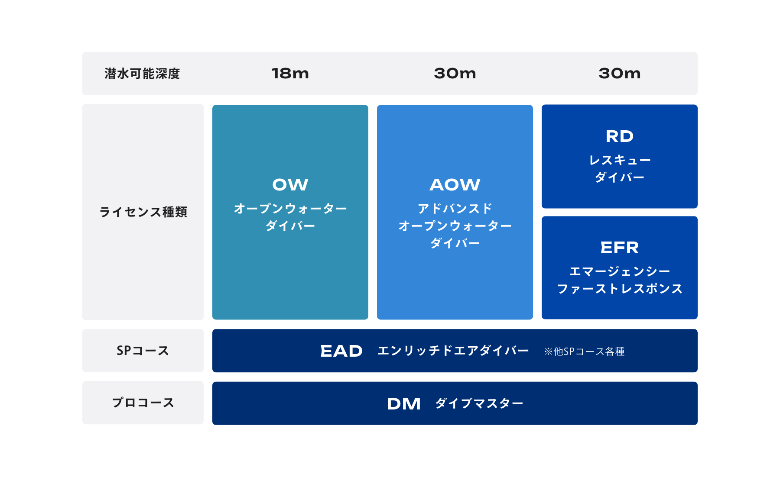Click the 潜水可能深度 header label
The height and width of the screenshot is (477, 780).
point(142,74)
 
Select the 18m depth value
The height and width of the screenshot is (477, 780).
point(290,74)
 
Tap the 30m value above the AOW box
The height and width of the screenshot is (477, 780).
point(455,74)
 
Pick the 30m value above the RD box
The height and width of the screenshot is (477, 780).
point(620,74)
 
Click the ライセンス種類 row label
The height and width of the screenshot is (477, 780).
point(143,212)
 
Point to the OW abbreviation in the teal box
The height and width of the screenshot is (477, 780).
point(290,185)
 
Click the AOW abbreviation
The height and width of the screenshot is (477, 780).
point(455,185)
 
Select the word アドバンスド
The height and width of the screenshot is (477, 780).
point(455,209)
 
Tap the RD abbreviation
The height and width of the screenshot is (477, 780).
point(620,136)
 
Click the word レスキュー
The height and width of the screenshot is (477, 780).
point(620,160)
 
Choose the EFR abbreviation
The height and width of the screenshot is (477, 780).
point(620,248)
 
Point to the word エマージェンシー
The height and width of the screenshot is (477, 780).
point(620,271)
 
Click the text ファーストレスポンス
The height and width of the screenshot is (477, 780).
point(620,289)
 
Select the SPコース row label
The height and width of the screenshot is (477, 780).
point(143,351)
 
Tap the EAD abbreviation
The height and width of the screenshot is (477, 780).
point(341,351)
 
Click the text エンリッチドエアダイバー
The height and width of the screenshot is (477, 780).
point(453,351)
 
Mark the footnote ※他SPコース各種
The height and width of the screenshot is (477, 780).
point(584,351)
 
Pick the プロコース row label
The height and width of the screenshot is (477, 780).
point(143,403)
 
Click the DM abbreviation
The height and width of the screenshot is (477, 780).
point(404,404)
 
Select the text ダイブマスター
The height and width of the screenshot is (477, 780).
point(479,403)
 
